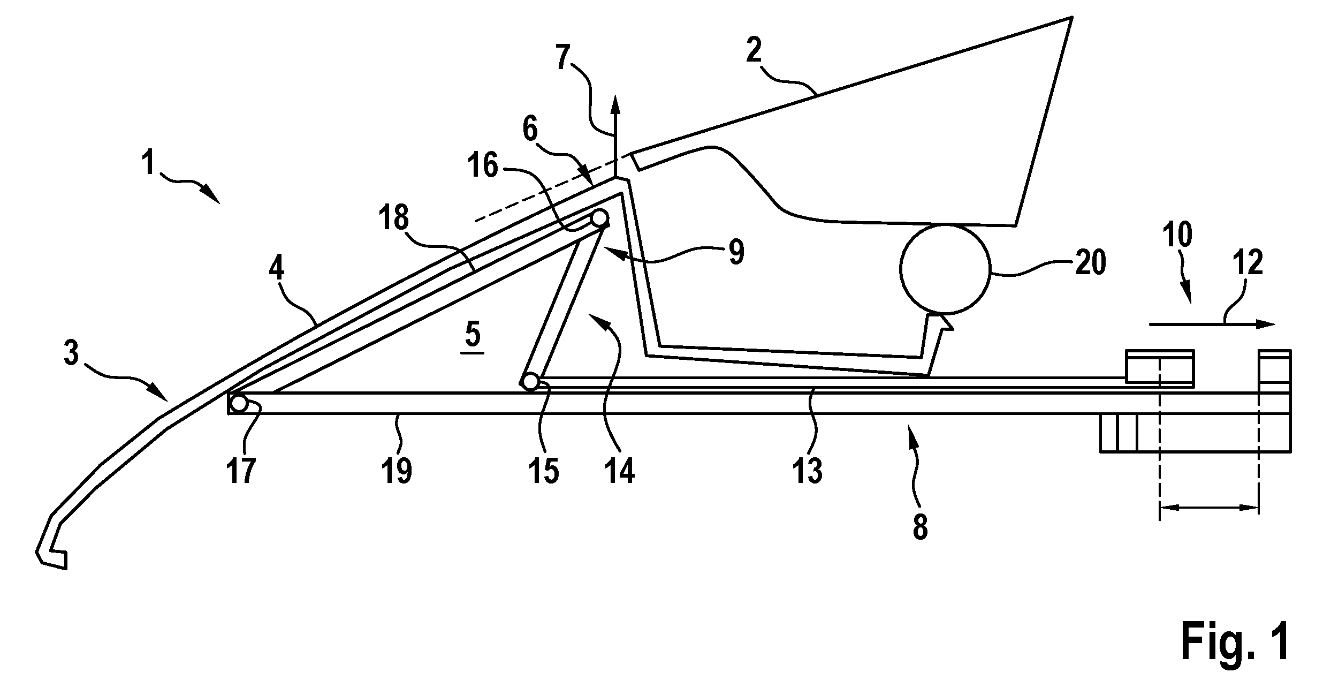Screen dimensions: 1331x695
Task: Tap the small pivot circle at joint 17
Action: [x=238, y=403]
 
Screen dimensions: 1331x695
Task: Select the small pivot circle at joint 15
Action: [x=530, y=382]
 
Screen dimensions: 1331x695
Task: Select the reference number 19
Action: [x=397, y=471]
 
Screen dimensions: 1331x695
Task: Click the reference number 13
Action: [x=808, y=471]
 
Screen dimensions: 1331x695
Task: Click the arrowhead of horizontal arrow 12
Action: [x=1266, y=338]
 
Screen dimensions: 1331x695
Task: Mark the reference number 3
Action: [x=72, y=354]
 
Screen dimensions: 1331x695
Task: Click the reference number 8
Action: [x=920, y=527]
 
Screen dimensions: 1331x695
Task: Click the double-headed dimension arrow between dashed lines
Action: [x=1208, y=508]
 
